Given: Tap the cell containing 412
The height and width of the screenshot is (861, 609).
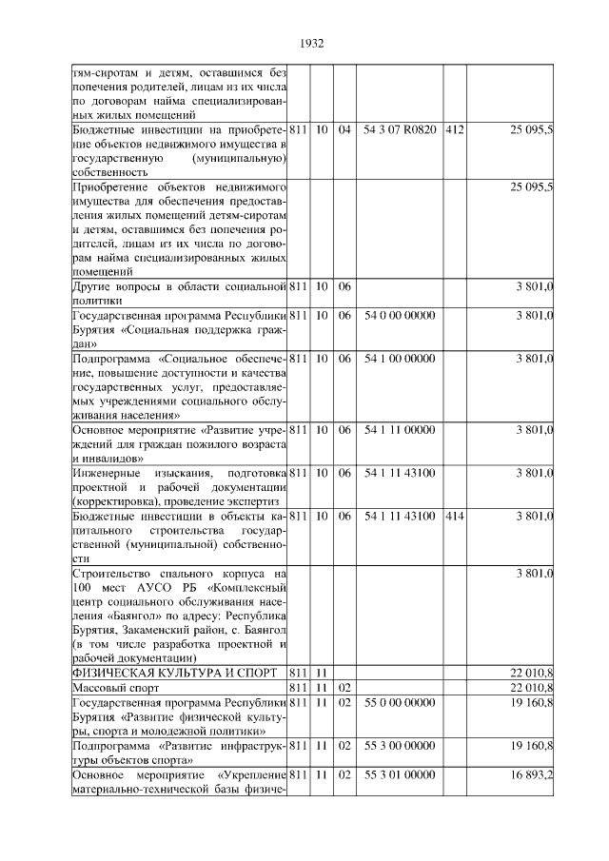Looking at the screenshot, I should click(x=454, y=129).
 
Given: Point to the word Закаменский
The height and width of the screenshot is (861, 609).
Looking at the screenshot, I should click(x=162, y=630).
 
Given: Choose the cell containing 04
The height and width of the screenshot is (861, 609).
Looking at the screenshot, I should click(x=344, y=129).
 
